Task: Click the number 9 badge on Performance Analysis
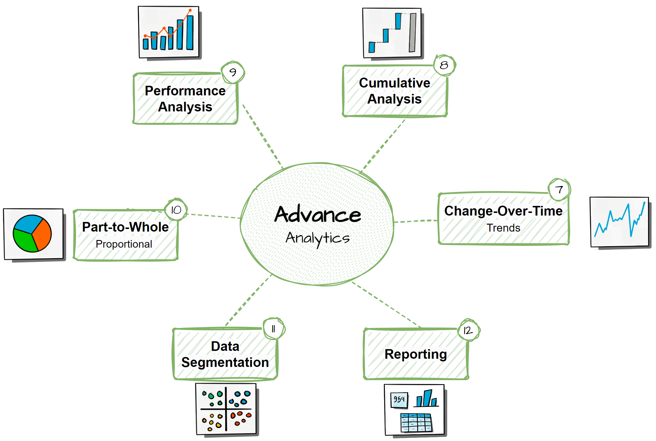[233, 72]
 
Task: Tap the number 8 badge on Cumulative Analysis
[444, 65]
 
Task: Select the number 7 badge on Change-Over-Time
[559, 190]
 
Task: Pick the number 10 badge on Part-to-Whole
[176, 210]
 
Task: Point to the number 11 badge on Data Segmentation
[273, 329]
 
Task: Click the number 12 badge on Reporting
[468, 330]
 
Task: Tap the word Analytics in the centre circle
[318, 238]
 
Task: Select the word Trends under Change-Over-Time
[503, 228]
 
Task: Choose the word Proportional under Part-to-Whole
[124, 244]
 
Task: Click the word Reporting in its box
[415, 354]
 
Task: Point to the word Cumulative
[394, 83]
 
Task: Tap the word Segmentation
[225, 363]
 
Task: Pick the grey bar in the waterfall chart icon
[412, 33]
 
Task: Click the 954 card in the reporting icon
[399, 399]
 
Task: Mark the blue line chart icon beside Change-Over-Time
[619, 222]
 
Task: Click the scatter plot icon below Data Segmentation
[226, 409]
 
